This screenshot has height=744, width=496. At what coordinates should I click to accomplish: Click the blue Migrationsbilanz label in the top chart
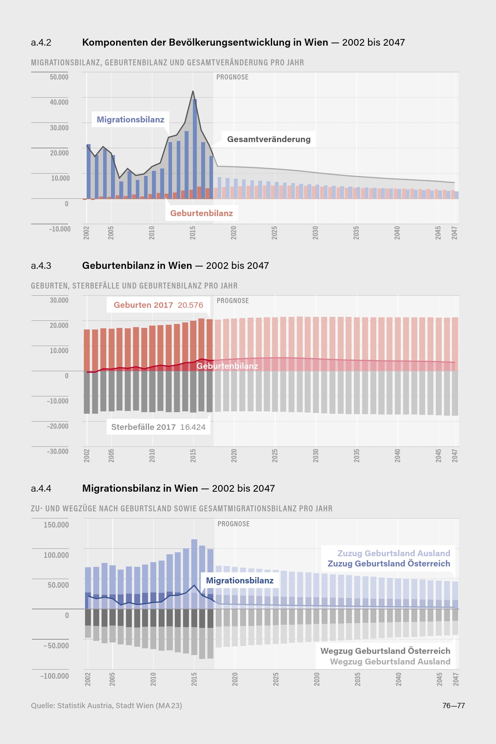[130, 120]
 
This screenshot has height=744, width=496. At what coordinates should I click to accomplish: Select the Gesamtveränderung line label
[269, 139]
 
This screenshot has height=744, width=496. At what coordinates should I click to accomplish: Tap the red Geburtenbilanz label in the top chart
[202, 213]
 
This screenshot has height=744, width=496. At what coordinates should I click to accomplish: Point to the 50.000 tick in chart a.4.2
[59, 77]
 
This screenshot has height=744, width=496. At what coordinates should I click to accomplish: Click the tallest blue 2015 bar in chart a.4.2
[195, 150]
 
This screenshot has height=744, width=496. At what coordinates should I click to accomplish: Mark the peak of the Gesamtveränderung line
[193, 91]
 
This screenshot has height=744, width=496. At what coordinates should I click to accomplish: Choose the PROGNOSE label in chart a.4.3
[233, 301]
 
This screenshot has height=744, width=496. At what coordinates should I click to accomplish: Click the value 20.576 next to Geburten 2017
[191, 305]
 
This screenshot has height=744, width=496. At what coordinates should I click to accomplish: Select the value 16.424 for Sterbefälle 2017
[193, 427]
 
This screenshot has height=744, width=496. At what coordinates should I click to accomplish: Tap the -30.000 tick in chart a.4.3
[58, 452]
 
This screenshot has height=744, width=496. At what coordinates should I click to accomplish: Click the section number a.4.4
[41, 489]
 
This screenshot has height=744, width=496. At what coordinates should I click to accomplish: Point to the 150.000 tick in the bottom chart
[56, 525]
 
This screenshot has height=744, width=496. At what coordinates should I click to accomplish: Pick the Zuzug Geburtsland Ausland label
[394, 553]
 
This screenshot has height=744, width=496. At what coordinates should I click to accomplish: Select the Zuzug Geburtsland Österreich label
[389, 564]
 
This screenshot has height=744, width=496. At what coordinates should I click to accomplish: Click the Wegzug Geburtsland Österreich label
[385, 651]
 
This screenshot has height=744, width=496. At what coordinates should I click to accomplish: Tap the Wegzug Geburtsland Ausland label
[390, 662]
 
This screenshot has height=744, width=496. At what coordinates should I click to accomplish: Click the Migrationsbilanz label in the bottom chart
[240, 581]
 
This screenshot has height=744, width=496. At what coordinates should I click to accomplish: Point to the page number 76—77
[453, 706]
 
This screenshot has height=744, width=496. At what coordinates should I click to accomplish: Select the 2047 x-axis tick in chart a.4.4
[456, 679]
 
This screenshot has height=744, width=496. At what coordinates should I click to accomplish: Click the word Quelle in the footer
[43, 706]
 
